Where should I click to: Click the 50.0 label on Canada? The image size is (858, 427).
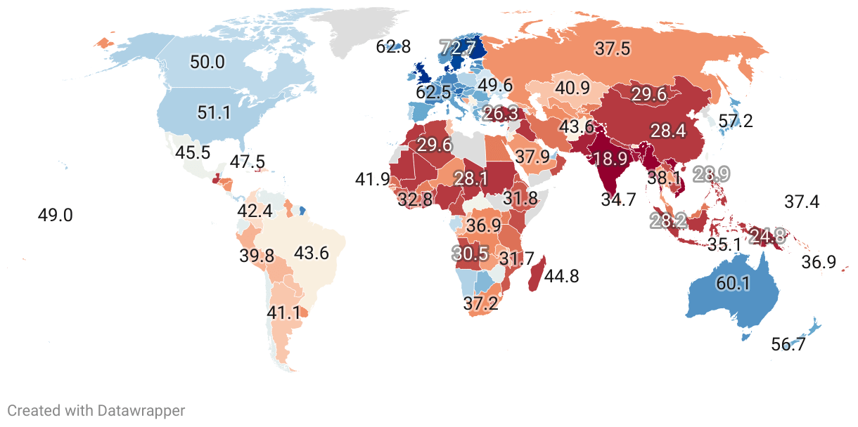207,62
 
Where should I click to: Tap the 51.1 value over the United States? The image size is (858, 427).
214,112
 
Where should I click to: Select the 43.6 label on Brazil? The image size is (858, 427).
312,254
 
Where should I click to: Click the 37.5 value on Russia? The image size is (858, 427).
613,48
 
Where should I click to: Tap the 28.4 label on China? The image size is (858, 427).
668,131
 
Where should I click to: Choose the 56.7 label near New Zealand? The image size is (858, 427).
789,344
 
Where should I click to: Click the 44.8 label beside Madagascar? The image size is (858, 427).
562,277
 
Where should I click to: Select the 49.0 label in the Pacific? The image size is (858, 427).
55,215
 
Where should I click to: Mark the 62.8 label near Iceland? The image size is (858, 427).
393,48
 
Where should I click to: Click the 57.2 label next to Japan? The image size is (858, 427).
736,121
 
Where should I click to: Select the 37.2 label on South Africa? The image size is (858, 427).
481,303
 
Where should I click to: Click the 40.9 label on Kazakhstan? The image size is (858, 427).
572,89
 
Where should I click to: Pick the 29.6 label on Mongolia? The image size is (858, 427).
648,95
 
